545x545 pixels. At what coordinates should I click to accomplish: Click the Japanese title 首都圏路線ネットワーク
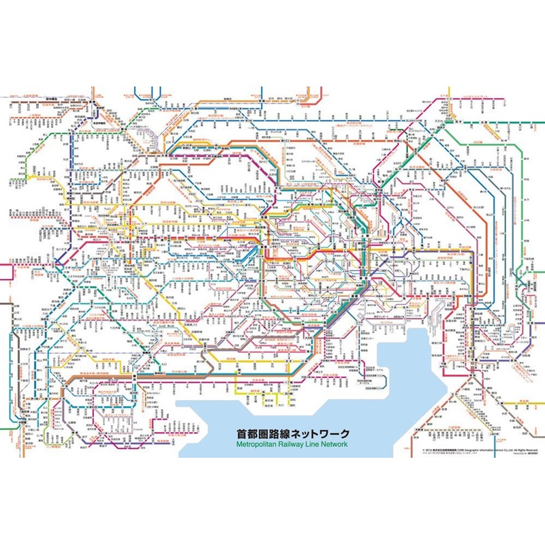click(293, 433)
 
